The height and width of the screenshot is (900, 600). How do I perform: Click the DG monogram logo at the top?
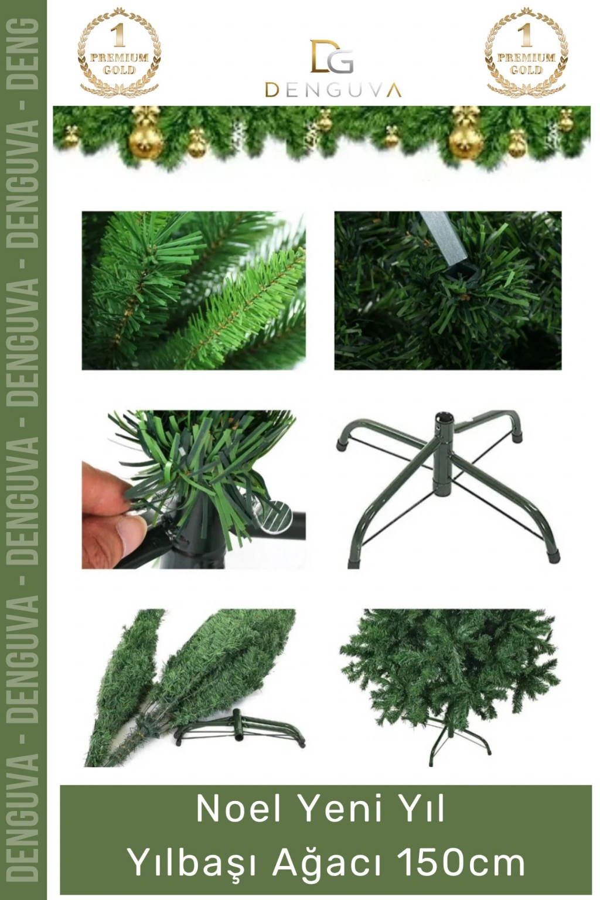click(332, 56)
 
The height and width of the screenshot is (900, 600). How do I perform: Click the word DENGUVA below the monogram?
click(333, 90)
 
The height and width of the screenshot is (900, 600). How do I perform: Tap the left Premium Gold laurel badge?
click(119, 53)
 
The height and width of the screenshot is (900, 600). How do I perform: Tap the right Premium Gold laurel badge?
click(526, 53)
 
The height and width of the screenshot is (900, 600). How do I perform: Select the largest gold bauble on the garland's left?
click(145, 139)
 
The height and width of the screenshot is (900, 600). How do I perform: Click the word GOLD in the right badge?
click(526, 70)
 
